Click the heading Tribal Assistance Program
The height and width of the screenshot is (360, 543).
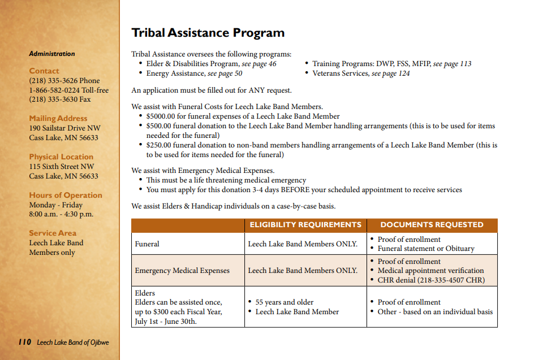click(x=208, y=33)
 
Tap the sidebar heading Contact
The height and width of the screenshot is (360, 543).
click(x=44, y=71)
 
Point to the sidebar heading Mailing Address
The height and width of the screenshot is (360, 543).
click(x=58, y=119)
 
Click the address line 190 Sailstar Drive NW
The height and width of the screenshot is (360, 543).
click(x=64, y=128)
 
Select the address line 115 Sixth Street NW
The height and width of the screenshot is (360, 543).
click(x=62, y=167)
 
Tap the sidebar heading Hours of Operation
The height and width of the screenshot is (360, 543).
click(x=66, y=196)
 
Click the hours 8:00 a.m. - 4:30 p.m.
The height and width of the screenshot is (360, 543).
click(x=61, y=214)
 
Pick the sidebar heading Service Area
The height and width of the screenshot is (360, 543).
click(x=53, y=233)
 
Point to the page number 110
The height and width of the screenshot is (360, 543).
click(x=24, y=342)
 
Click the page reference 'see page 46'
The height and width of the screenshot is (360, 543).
click(x=259, y=64)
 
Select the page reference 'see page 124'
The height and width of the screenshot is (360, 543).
click(x=390, y=73)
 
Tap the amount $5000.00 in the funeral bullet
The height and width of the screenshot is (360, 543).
click(x=163, y=116)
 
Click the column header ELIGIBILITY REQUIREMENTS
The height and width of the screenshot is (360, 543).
click(x=305, y=225)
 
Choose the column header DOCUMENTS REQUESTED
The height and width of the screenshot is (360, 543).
click(x=432, y=225)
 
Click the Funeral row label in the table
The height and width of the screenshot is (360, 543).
click(x=147, y=244)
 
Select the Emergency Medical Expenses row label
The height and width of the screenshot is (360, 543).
click(x=182, y=271)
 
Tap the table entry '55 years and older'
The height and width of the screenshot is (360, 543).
click(x=285, y=302)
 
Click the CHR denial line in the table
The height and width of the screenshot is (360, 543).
click(x=431, y=280)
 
